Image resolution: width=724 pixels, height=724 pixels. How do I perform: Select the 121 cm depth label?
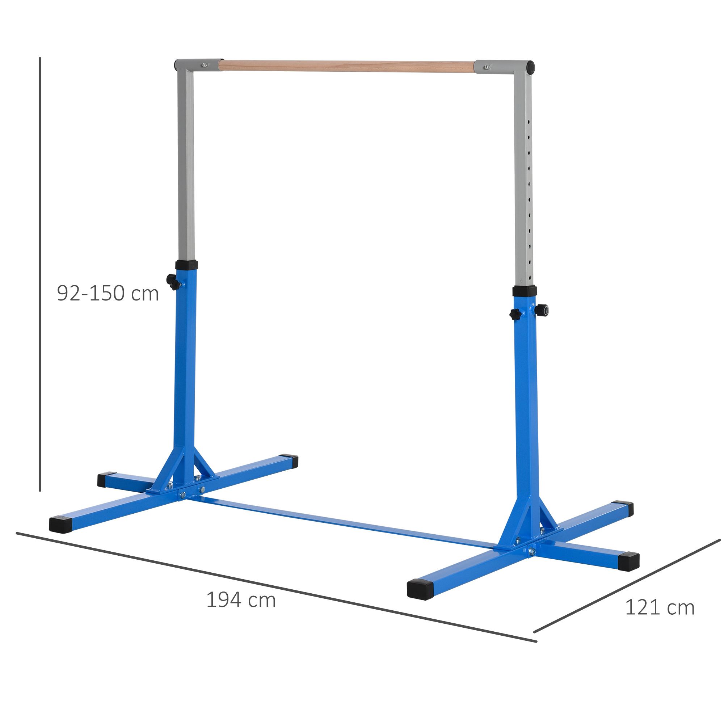[660, 607]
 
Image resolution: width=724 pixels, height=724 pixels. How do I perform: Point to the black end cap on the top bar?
[530, 67]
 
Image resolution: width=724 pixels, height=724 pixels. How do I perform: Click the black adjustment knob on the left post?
[173, 281]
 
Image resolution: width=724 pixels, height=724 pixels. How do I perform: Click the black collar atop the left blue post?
[186, 265]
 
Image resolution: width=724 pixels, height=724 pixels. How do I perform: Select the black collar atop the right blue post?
[524, 291]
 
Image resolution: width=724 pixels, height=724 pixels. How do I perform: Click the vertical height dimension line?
[40, 274]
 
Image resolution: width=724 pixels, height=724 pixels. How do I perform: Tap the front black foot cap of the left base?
[60, 525]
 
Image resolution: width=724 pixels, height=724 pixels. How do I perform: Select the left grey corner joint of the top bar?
[193, 66]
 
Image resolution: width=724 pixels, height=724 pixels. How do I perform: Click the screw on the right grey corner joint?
[487, 67]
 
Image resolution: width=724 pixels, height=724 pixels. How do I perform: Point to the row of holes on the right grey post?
[529, 195]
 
